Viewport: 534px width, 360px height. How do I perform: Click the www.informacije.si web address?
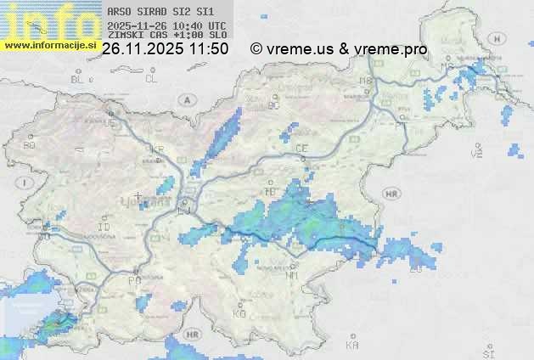coord(50,45)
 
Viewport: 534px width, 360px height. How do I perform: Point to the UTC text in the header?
coord(217,26)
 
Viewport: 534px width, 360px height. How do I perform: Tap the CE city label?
coord(301,149)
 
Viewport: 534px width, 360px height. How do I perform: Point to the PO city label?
coord(133,279)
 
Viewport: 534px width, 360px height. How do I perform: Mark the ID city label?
coord(104,228)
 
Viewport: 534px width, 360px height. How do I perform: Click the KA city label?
coord(352,346)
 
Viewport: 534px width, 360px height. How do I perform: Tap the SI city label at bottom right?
coord(487,352)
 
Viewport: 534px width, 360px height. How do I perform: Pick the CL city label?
coord(152,79)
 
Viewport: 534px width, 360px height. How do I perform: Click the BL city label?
coord(78,79)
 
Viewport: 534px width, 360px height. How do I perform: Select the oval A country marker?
coord(185,99)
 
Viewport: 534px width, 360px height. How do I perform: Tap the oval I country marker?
coord(27,183)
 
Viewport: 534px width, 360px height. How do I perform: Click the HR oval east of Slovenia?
coord(391,194)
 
